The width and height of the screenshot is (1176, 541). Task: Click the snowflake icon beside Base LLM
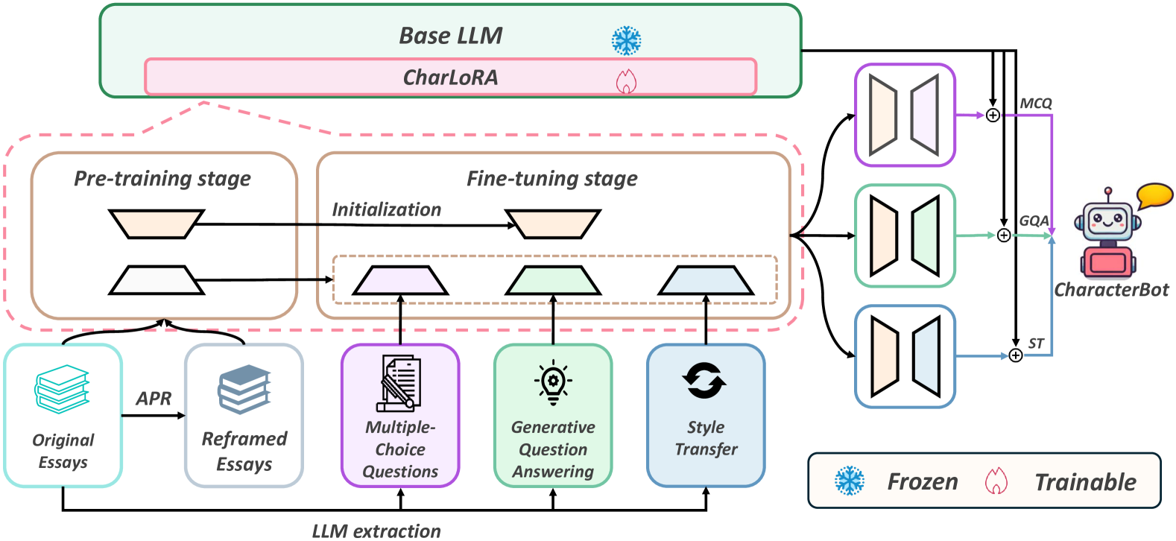pyautogui.click(x=626, y=40)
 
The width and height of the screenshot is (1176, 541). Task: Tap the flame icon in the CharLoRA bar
pyautogui.click(x=626, y=80)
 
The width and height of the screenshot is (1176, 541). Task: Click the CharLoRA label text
pyautogui.click(x=450, y=77)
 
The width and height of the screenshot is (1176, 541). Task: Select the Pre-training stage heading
pyautogui.click(x=162, y=179)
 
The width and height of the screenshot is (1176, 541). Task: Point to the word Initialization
pyautogui.click(x=386, y=210)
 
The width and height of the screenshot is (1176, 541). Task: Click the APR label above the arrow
pyautogui.click(x=154, y=399)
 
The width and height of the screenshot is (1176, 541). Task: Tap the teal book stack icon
pyautogui.click(x=62, y=388)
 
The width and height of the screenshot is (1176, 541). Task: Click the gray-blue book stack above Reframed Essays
pyautogui.click(x=244, y=389)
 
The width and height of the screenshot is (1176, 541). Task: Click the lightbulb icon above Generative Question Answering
pyautogui.click(x=553, y=382)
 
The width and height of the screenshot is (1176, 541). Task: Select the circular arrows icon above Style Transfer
pyautogui.click(x=704, y=381)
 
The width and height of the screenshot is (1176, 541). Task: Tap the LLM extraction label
pyautogui.click(x=376, y=531)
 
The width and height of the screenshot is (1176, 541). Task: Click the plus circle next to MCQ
pyautogui.click(x=993, y=116)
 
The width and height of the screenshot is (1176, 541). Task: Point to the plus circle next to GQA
pyautogui.click(x=1004, y=235)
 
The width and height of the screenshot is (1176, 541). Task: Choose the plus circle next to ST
pyautogui.click(x=1016, y=355)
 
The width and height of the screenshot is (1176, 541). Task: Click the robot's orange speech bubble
pyautogui.click(x=1154, y=195)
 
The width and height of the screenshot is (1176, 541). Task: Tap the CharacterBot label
pyautogui.click(x=1111, y=290)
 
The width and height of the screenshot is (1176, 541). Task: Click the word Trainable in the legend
pyautogui.click(x=1085, y=482)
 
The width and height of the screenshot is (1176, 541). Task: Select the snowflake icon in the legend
pyautogui.click(x=849, y=481)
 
